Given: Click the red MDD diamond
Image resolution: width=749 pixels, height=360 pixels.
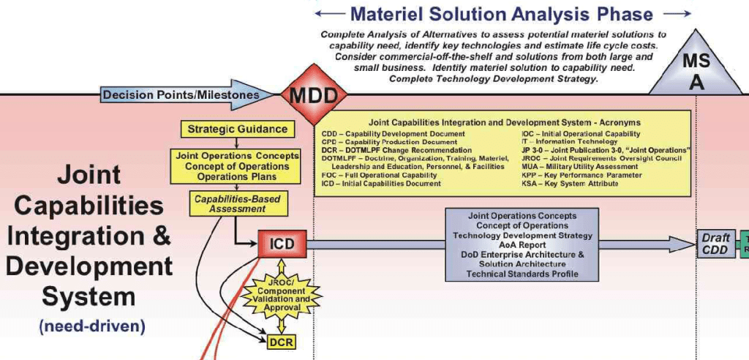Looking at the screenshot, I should pyautogui.click(x=303, y=95).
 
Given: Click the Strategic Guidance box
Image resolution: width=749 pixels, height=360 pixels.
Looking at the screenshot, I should pyautogui.click(x=238, y=130).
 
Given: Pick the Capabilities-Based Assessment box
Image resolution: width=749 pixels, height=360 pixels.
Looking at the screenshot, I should pyautogui.click(x=236, y=203).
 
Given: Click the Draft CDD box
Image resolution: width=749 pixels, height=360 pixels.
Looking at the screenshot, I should pyautogui.click(x=715, y=244).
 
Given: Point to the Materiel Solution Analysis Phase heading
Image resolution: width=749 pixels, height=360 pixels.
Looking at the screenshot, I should pyautogui.click(x=501, y=14).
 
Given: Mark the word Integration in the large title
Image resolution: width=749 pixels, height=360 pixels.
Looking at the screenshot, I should pyautogui.click(x=80, y=236).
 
